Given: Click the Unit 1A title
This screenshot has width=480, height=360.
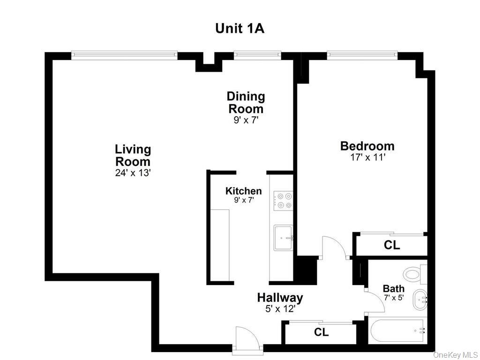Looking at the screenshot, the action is pos(240,29).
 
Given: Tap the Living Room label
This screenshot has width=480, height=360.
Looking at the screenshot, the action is pos(133,156).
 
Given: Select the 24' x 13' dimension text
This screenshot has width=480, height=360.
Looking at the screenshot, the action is pos(133,173).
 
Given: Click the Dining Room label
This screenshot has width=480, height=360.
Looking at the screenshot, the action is pos(246,103).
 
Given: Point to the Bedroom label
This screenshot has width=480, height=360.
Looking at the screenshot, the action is pos(367,146).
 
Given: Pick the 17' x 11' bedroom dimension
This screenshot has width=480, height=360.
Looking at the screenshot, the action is pos(367,157).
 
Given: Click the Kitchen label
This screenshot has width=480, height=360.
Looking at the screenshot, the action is pos(244,191).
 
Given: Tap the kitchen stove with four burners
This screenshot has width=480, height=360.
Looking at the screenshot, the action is pos(283,201).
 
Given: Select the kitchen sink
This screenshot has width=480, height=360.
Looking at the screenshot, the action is pos(284,238).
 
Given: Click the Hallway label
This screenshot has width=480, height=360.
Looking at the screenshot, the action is pos(280,298).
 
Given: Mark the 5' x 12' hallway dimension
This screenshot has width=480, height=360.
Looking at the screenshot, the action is pos(280,309).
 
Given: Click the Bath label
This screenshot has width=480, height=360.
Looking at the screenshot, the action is pos(394,289).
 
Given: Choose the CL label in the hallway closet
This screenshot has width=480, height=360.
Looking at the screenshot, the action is pos(321,332).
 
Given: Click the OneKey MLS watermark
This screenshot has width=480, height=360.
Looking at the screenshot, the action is pos(456,355).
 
